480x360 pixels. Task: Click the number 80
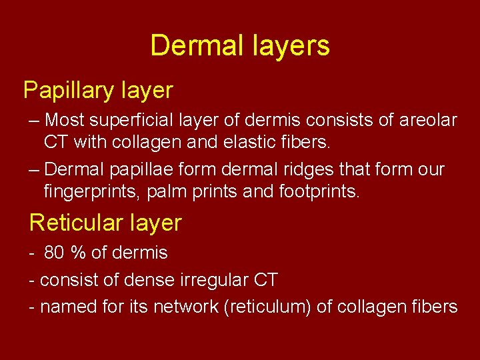(53, 253)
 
